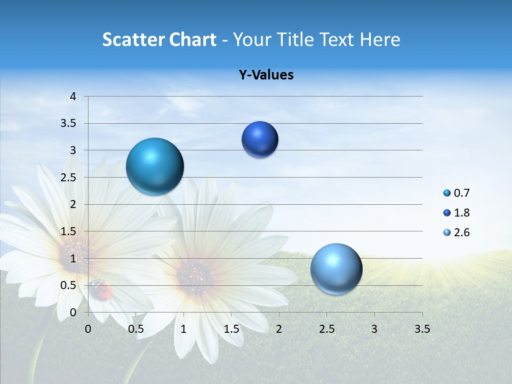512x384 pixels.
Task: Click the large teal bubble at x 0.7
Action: pos(155,166)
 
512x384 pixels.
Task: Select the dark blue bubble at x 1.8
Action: pos(260,140)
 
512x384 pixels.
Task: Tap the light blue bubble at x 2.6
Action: pos(336,269)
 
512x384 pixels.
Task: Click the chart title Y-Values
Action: pos(266,75)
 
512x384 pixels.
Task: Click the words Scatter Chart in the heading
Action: pos(159,39)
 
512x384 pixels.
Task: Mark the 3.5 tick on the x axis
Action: pos(422,329)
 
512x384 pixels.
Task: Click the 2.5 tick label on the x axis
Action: pos(326,329)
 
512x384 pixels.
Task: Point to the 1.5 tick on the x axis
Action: pos(231,329)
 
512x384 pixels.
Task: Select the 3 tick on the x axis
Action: pos(374,329)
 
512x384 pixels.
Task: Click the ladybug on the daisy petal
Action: pos(101,290)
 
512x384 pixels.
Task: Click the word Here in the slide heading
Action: pos(380,39)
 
